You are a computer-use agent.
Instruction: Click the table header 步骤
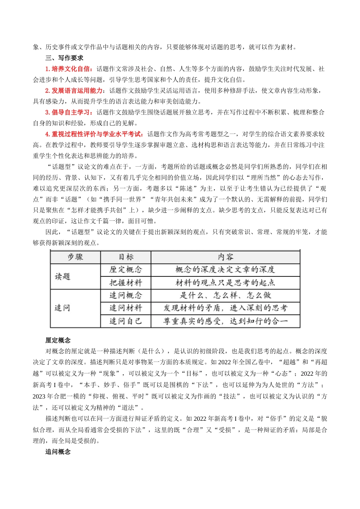75,257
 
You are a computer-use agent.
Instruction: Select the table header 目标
126,257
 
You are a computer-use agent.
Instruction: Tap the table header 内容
225,257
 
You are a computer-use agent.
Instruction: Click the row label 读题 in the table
63,276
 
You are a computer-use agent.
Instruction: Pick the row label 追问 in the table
63,308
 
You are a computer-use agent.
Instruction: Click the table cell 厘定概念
126,270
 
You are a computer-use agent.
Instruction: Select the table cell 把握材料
126,283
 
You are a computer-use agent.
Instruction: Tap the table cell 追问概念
126,295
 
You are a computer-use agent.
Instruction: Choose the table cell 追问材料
126,308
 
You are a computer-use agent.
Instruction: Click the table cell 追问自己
126,321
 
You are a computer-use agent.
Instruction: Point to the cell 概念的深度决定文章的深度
225,270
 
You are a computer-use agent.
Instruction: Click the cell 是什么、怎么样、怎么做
225,295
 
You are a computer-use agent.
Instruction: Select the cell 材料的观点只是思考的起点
225,283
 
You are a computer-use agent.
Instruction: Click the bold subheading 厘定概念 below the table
58,340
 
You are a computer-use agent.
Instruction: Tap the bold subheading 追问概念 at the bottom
58,452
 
